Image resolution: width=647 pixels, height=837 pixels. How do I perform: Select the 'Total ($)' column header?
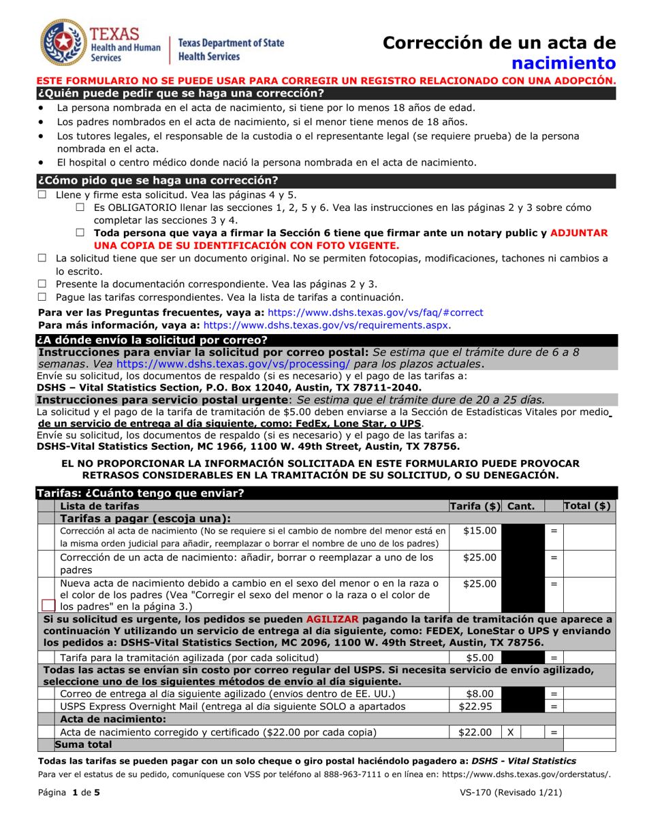[588, 506]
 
